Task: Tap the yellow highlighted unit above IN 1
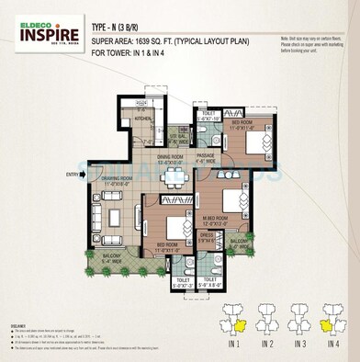point(241,325)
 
